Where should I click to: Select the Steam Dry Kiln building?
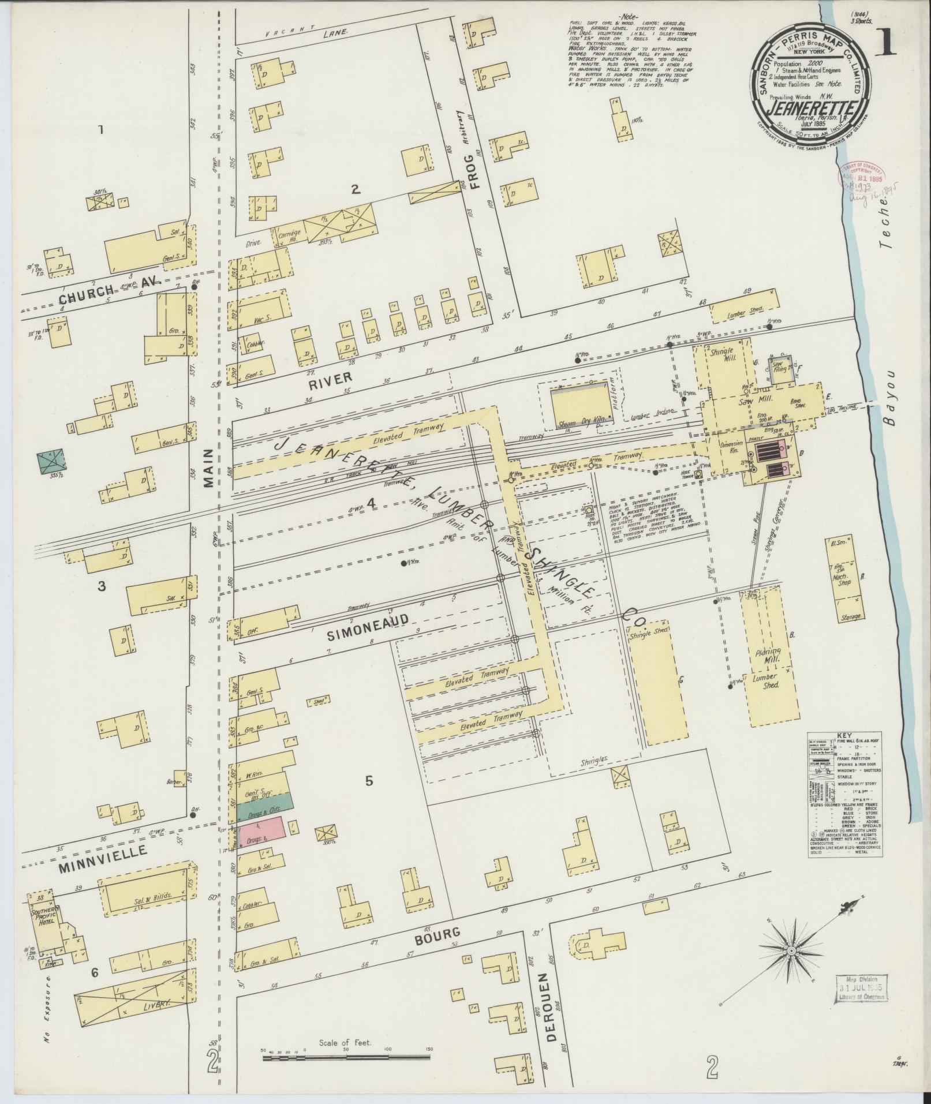point(577,409)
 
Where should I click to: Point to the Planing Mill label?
point(769,654)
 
